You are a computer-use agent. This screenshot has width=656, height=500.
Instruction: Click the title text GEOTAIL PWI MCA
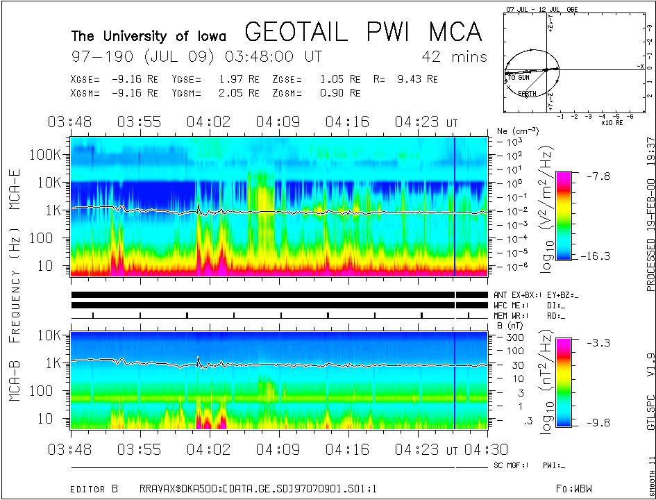364,32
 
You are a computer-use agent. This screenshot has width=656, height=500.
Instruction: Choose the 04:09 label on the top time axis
278,122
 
